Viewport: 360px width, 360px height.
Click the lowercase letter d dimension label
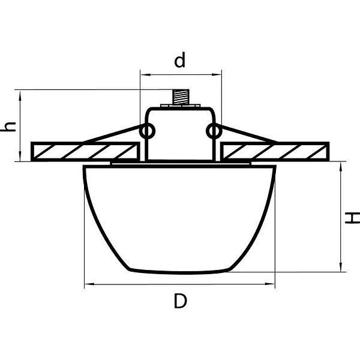(x=179, y=60)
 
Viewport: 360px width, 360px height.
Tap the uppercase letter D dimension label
(x=181, y=301)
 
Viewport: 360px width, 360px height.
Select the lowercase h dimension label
(x=8, y=127)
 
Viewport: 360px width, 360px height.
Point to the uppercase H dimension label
(x=353, y=218)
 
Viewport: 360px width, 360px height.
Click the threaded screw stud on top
(x=181, y=97)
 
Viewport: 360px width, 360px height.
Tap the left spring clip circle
(x=148, y=131)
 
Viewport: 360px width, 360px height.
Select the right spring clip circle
(x=214, y=131)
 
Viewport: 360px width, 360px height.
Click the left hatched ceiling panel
(x=85, y=152)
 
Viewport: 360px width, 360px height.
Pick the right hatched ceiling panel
(x=275, y=152)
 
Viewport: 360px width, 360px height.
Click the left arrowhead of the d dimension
(x=145, y=74)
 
